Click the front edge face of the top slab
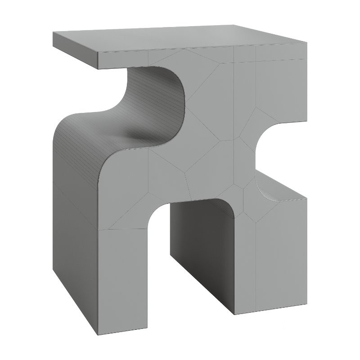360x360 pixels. [x=202, y=56]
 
